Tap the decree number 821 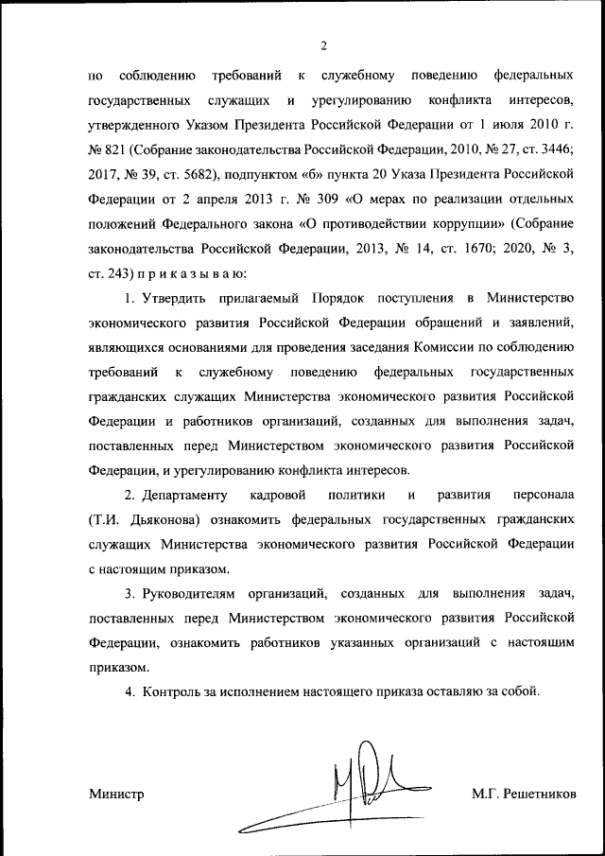(123, 149)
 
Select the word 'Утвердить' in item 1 (172, 299)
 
